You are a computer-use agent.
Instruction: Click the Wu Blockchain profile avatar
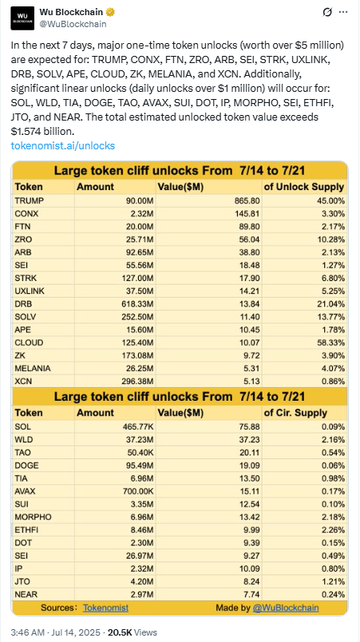click(22, 18)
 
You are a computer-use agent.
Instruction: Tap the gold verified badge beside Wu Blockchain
click(111, 12)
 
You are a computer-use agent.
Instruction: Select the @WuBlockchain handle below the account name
click(73, 24)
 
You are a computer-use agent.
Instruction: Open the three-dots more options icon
click(343, 12)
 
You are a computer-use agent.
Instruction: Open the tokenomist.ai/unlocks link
click(63, 145)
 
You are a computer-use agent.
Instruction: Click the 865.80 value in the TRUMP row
click(247, 200)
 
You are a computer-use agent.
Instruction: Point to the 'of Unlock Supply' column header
click(304, 187)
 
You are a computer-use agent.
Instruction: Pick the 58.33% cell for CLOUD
click(331, 343)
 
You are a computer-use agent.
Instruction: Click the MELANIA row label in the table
click(33, 368)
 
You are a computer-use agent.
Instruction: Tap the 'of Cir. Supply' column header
click(295, 413)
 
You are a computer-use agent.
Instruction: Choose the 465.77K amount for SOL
click(138, 426)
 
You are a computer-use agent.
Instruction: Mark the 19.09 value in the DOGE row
click(250, 465)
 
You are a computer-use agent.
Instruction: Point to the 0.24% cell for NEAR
click(333, 595)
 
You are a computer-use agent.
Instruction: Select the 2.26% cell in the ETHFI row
click(333, 530)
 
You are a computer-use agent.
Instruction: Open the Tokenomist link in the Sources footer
click(105, 608)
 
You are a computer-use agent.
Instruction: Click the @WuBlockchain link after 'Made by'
click(286, 608)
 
